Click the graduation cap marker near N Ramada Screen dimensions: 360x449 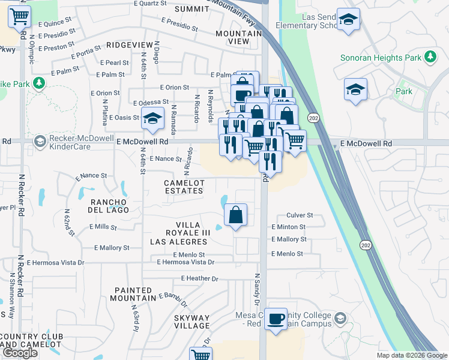tap(152, 118)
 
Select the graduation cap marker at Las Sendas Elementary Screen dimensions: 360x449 tap(348, 20)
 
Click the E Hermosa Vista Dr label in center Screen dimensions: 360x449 tap(185, 262)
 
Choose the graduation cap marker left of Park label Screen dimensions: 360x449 tap(355, 90)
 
